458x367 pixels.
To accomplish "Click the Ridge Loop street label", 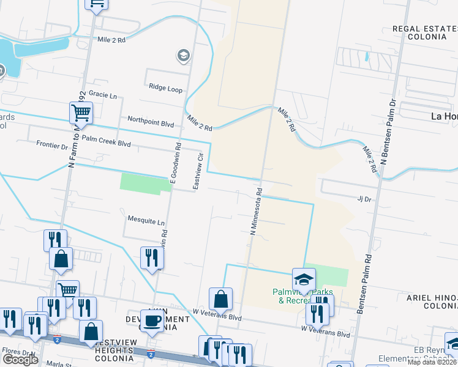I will point(165,89).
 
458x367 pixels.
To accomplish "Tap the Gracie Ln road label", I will point(102,95).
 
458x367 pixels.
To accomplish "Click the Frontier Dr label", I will point(52,146).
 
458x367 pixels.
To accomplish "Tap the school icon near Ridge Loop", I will point(182,56).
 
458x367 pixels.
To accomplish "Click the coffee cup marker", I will point(152,320).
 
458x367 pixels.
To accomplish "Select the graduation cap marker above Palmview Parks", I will point(303,279).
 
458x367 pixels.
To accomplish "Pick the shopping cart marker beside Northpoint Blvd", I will point(81,113).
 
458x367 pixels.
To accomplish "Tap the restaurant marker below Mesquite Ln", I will point(152,258).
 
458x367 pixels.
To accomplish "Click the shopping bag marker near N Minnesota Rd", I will point(220,299).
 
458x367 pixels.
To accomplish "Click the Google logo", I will point(20,359).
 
